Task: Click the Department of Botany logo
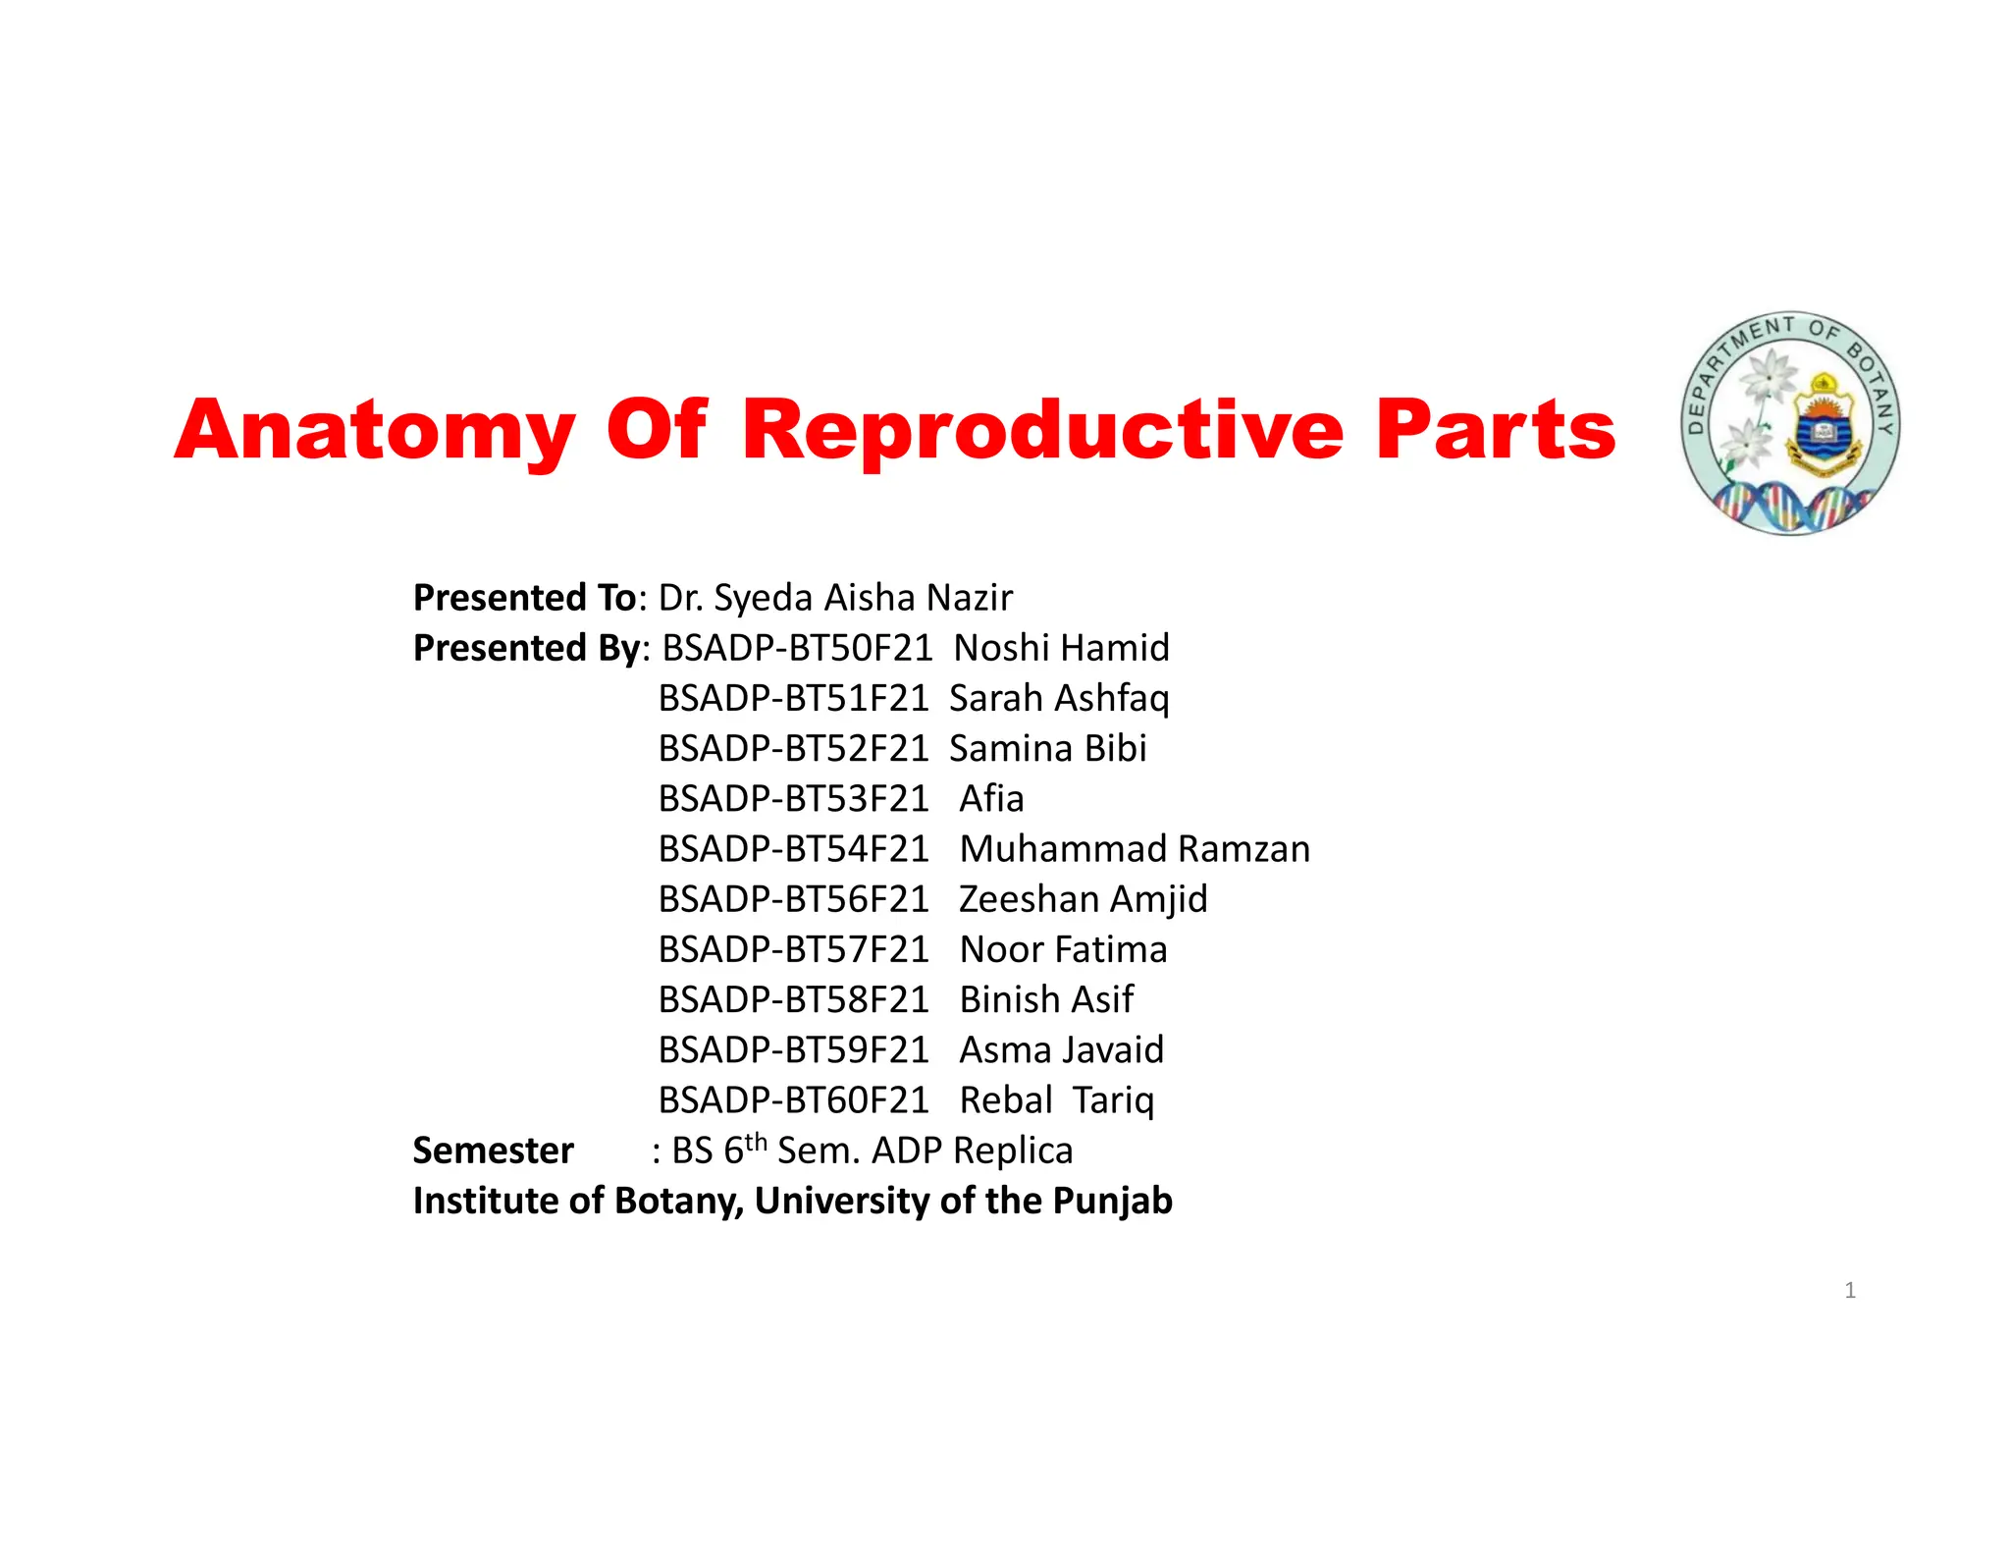pos(1790,424)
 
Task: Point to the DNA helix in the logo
pos(1790,507)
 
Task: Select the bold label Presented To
pos(524,598)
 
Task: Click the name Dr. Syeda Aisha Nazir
pos(835,598)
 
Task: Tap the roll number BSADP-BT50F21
pos(797,648)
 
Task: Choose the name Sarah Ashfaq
pos(1059,698)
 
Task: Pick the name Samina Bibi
pos(1047,749)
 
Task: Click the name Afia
pos(991,799)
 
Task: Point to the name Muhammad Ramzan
pos(1135,849)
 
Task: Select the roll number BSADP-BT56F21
pos(793,899)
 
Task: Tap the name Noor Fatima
pos(1063,949)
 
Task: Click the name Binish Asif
pos(1046,999)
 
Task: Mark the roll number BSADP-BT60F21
pos(793,1100)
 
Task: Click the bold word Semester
pos(493,1151)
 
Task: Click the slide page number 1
pos(1850,1290)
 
